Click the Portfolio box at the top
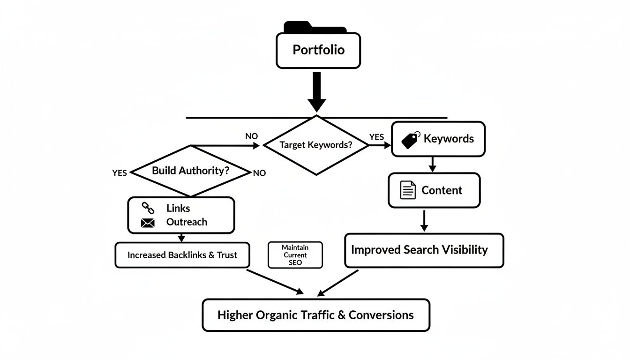318,50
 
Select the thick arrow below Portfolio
317,92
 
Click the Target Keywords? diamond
316,145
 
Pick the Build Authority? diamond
190,171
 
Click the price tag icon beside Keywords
411,140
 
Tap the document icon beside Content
408,190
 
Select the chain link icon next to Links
148,208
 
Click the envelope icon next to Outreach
148,223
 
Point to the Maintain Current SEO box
295,255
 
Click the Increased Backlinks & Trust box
182,255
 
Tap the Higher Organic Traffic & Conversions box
315,315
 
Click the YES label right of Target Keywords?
376,137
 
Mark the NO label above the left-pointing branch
252,136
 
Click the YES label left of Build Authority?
120,173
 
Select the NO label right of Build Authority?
259,173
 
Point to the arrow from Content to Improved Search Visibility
424,220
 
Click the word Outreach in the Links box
187,222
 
